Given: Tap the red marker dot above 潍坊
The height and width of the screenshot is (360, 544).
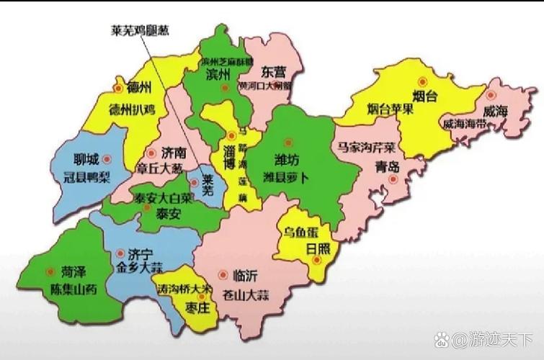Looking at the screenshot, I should point(288,142).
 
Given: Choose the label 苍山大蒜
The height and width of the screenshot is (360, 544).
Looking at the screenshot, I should point(250,294).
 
